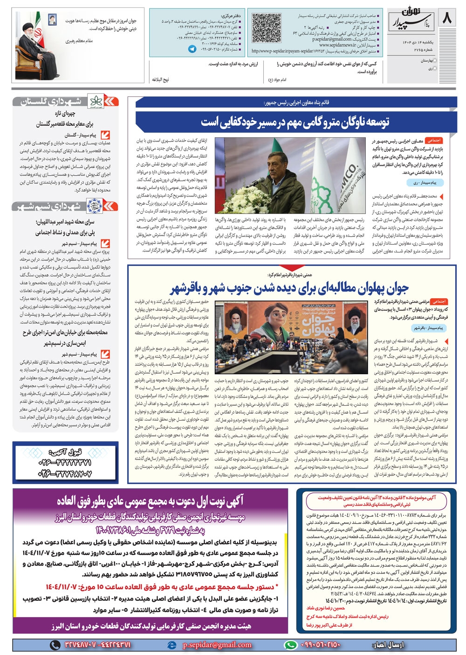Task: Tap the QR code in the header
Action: click(267, 28)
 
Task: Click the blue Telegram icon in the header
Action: click(192, 48)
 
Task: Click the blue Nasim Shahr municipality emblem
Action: click(95, 205)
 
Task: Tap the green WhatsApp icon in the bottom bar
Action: click(291, 645)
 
